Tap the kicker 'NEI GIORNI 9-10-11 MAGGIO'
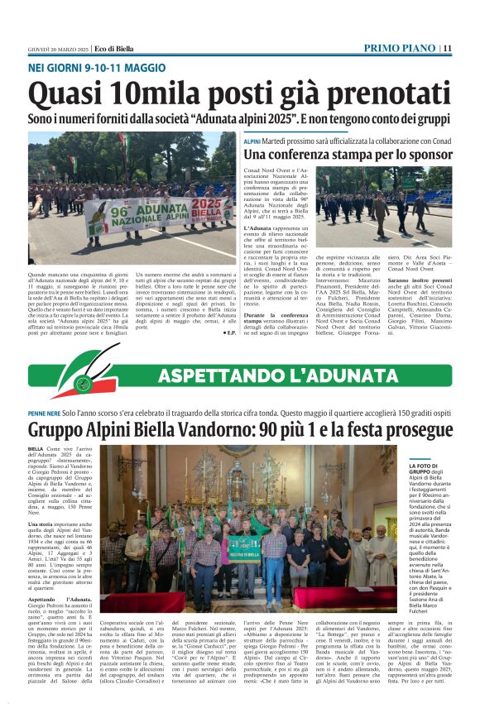pyautogui.click(x=97, y=66)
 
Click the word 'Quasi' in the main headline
pyautogui.click(x=65, y=92)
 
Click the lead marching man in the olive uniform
pyautogui.click(x=380, y=212)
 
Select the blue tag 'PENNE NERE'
pyautogui.click(x=43, y=413)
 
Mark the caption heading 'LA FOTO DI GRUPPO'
pyautogui.click(x=428, y=471)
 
